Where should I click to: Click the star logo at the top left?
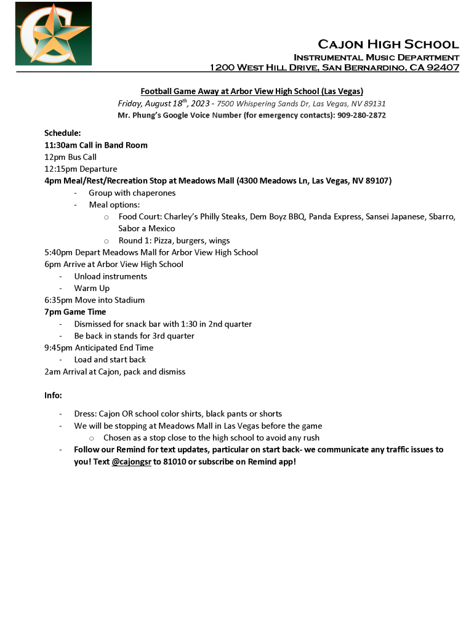(54, 33)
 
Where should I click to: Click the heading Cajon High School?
(388, 44)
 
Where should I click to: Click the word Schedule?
(62, 133)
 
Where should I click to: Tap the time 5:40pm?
(57, 252)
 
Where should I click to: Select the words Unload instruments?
(110, 276)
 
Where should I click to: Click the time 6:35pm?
(58, 300)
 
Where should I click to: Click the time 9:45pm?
(58, 348)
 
